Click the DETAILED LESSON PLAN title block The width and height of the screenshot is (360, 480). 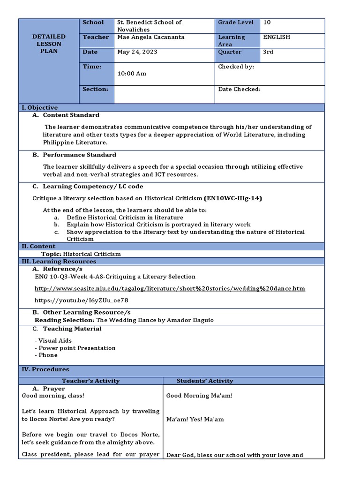(48, 44)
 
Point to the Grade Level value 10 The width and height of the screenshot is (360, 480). (267, 22)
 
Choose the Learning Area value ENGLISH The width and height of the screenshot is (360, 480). (277, 37)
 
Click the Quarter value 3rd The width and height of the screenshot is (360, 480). (268, 52)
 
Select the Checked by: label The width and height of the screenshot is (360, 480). (236, 67)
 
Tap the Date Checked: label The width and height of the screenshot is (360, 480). (239, 89)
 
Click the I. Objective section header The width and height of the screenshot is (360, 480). (40, 108)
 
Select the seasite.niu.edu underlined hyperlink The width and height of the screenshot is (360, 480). (170, 289)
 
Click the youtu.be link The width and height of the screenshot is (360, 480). (81, 300)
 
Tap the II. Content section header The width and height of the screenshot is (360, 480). (38, 246)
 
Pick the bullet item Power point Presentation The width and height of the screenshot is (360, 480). (77, 348)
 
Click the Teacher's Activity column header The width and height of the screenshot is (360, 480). (90, 381)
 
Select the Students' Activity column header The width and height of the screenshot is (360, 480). (204, 381)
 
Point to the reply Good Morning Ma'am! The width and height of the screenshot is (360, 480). (199, 396)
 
